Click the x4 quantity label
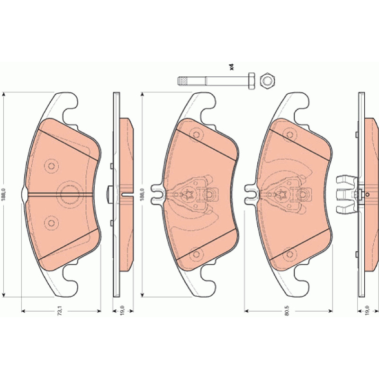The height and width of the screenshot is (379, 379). pos(232,67)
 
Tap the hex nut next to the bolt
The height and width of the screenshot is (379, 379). pos(267,81)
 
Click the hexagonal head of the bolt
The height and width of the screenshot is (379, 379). pos(252,81)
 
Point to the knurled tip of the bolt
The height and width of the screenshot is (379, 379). pos(183,81)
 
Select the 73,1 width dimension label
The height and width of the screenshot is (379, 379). pos(60,310)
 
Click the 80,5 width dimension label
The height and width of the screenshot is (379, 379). pos(287,311)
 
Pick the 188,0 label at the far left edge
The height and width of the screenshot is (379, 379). pos(3,195)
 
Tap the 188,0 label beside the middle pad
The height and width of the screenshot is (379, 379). pos(142,195)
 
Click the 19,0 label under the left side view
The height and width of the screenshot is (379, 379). pos(122,310)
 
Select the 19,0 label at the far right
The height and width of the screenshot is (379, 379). pos(367,310)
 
